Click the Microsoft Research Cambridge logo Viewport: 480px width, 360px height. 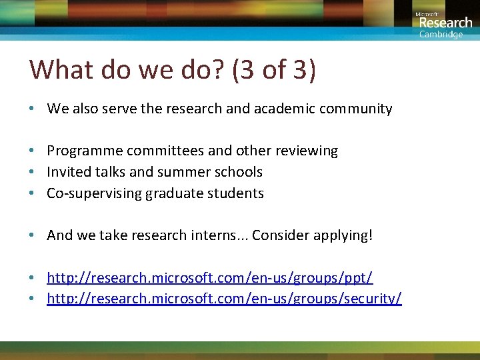pos(443,25)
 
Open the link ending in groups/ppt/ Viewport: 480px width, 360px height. pos(210,277)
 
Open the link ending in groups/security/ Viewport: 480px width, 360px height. pos(224,298)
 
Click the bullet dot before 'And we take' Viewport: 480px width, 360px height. pos(32,235)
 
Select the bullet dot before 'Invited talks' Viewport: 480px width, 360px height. pos(32,172)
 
